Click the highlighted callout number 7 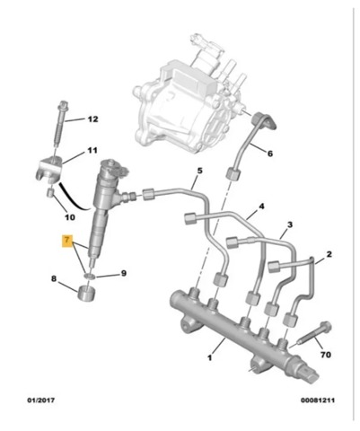66,241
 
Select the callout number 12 92,119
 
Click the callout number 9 124,273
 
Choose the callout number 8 54,280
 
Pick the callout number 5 199,171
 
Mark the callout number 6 268,154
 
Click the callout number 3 291,224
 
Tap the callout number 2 329,255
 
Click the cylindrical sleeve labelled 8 86,292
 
